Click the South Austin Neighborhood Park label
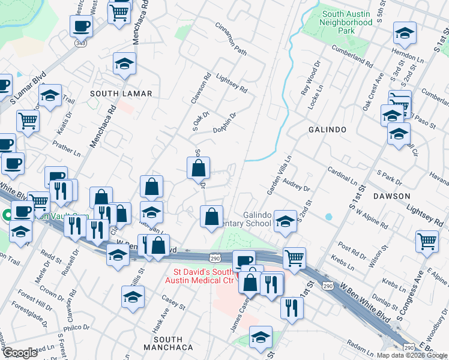coord(347,22)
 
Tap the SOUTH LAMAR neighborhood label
coord(121,94)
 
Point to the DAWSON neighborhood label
coord(390,196)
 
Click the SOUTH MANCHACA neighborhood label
coord(168,343)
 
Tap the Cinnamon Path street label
coord(231,40)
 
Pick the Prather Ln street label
coord(66,149)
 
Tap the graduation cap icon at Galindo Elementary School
coord(285,220)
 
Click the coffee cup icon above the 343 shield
coord(81,26)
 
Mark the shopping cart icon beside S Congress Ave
coord(426,241)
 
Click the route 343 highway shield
coord(80,43)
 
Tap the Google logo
coord(20,352)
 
